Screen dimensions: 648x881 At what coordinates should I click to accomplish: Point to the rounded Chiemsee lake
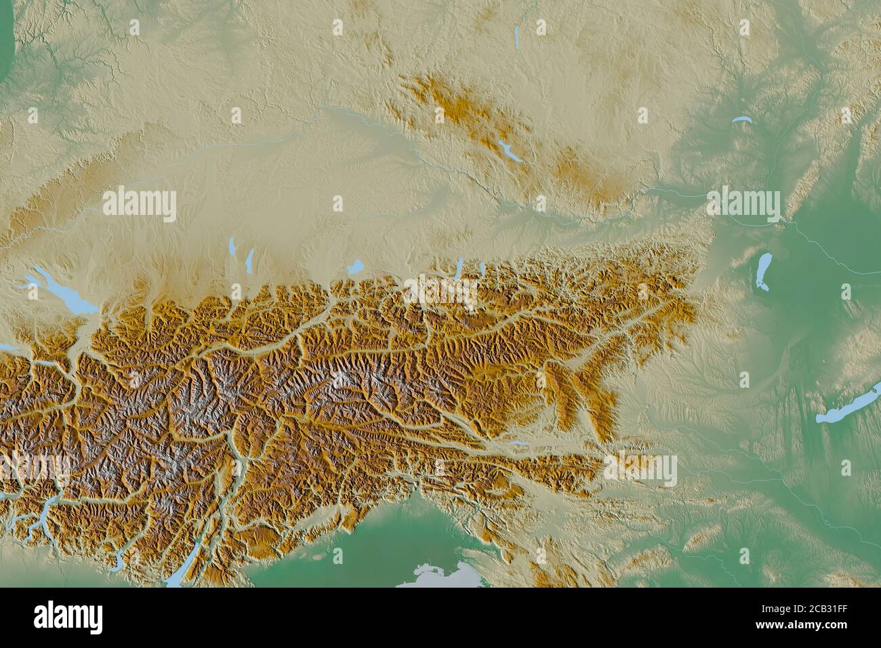coord(354,267)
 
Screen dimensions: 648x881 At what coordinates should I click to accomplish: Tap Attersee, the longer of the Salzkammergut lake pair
coord(459,267)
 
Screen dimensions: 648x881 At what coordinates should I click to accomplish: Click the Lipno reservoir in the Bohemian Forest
coord(510,152)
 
